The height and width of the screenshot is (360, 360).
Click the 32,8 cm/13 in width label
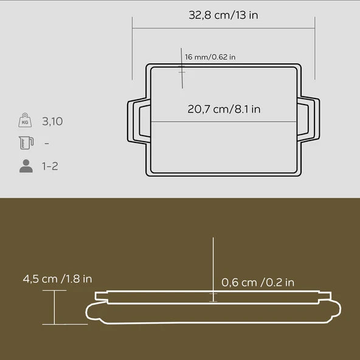pyautogui.click(x=223, y=15)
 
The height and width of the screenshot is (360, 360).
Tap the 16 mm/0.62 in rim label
pyautogui.click(x=210, y=57)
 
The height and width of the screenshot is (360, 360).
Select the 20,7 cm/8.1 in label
pyautogui.click(x=224, y=109)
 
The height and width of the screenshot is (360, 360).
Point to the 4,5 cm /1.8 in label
pyautogui.click(x=58, y=279)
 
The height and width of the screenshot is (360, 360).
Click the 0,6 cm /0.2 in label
pyautogui.click(x=258, y=282)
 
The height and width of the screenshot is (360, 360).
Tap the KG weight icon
pyautogui.click(x=25, y=121)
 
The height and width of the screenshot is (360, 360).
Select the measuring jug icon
pyautogui.click(x=25, y=144)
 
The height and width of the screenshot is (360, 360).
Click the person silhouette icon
pyautogui.click(x=26, y=166)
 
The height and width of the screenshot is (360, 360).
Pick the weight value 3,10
pyautogui.click(x=52, y=122)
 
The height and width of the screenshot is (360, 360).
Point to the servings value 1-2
pyautogui.click(x=50, y=166)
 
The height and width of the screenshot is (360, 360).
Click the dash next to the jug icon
pyautogui.click(x=47, y=144)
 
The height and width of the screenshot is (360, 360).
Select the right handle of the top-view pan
pyautogui.click(x=310, y=121)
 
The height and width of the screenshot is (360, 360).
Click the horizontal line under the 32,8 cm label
pyautogui.click(x=223, y=28)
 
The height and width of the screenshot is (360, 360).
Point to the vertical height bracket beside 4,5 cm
pyautogui.click(x=55, y=307)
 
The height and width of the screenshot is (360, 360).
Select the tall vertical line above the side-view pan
pyautogui.click(x=213, y=261)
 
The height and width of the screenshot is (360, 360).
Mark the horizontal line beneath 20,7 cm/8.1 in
pyautogui.click(x=224, y=122)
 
